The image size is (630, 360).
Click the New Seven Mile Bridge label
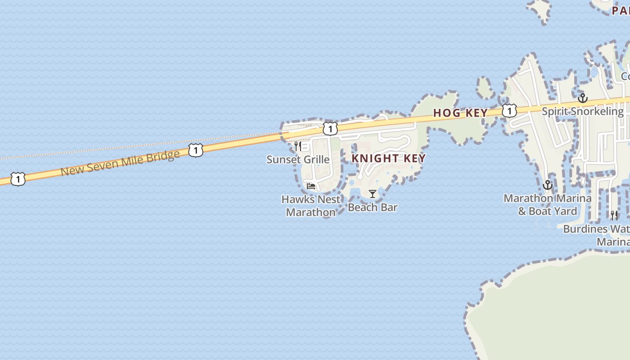tap(120, 163)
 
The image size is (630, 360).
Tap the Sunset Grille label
tap(298, 159)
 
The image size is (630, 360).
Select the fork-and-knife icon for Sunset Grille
tap(297, 146)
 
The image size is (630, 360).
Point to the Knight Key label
tap(388, 158)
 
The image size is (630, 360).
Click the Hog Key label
tap(460, 113)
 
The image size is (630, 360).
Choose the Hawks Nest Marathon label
tap(311, 205)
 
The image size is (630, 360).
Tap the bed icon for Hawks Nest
tap(311, 186)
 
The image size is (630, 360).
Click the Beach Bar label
tap(373, 207)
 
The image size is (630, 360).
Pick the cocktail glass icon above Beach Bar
tap(373, 194)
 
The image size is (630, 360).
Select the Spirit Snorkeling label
tap(583, 111)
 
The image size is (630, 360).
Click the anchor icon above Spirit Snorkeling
tap(583, 98)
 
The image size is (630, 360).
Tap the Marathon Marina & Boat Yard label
tap(547, 204)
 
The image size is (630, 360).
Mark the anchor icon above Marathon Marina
tap(548, 185)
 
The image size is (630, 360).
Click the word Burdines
tap(585, 229)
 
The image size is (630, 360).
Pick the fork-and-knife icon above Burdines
tap(614, 216)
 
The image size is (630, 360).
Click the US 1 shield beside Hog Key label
tap(509, 110)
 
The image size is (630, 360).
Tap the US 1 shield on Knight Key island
tap(330, 129)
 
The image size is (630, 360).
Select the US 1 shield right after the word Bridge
tap(195, 150)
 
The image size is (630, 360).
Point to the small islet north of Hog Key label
tap(485, 88)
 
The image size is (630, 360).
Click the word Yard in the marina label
tap(565, 211)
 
